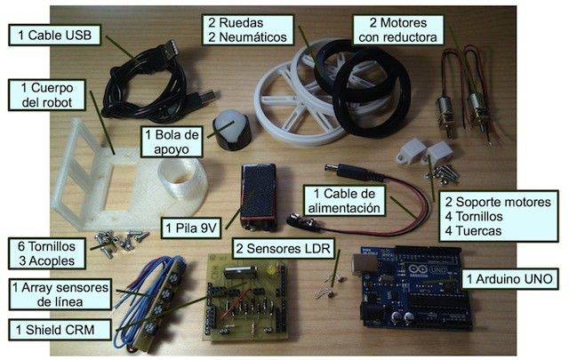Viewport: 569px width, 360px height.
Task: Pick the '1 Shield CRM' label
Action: pyautogui.click(x=60, y=331)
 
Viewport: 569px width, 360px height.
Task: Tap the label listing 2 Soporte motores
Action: pyautogui.click(x=486, y=216)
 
